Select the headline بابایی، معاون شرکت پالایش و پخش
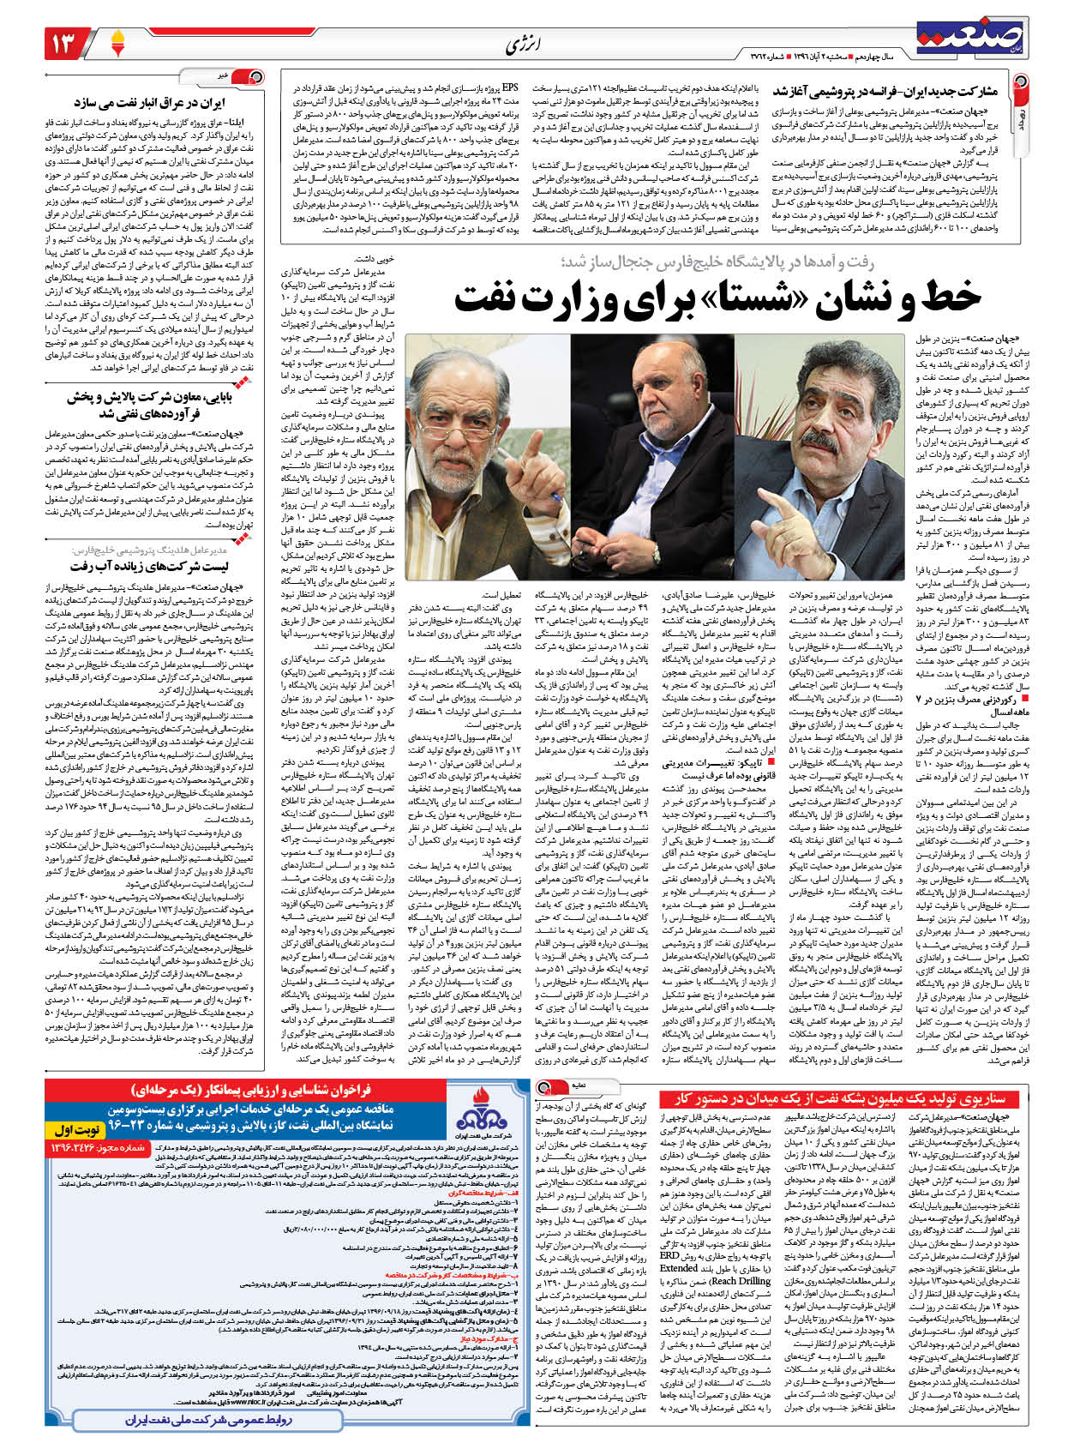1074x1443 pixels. coord(154,405)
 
